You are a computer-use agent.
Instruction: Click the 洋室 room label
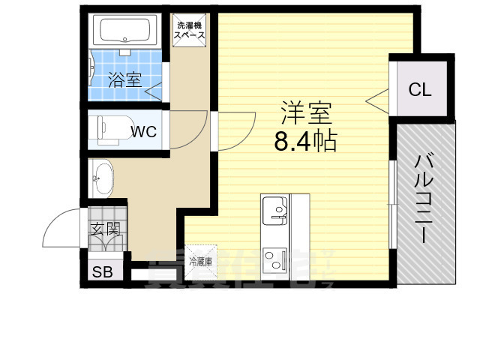306,113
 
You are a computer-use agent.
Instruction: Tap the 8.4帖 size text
304,140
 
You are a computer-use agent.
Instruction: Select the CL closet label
420,90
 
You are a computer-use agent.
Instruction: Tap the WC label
144,132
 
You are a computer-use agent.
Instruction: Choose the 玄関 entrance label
105,229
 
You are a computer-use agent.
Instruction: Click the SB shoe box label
102,272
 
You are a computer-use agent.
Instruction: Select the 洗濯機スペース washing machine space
190,30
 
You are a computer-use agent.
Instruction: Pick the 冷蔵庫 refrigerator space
200,262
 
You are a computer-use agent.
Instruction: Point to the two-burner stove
274,257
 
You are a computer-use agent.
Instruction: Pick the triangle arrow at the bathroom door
152,91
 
